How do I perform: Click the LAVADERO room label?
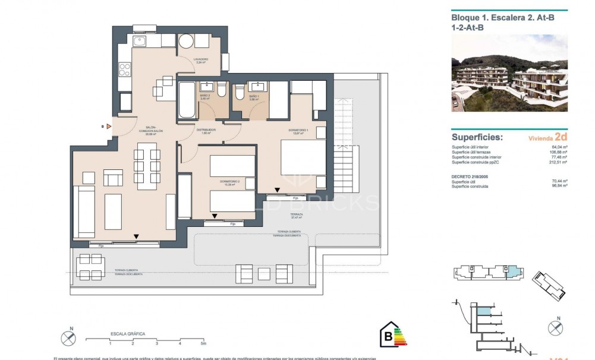click(x=200, y=59)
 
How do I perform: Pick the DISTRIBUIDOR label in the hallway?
click(x=206, y=130)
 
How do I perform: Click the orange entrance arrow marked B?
click(x=109, y=127)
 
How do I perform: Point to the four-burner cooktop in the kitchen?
click(x=125, y=70)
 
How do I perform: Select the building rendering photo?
click(x=509, y=73)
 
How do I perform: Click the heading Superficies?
click(x=477, y=137)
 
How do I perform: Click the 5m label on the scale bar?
click(x=203, y=344)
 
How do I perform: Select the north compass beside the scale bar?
click(x=69, y=338)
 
